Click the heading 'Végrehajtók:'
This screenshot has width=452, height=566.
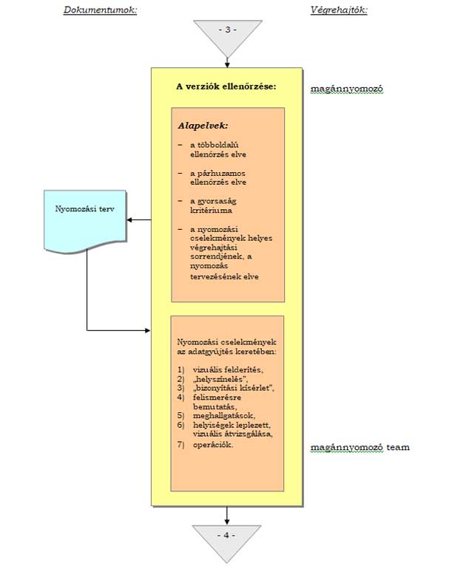[x=339, y=10]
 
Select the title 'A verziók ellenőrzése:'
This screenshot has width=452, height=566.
[x=226, y=86]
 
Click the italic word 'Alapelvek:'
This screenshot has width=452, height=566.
[x=203, y=125]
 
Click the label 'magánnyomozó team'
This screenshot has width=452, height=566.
[x=360, y=448]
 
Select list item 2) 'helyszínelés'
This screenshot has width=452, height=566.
[x=218, y=379]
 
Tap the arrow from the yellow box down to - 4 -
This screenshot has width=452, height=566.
[x=226, y=514]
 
